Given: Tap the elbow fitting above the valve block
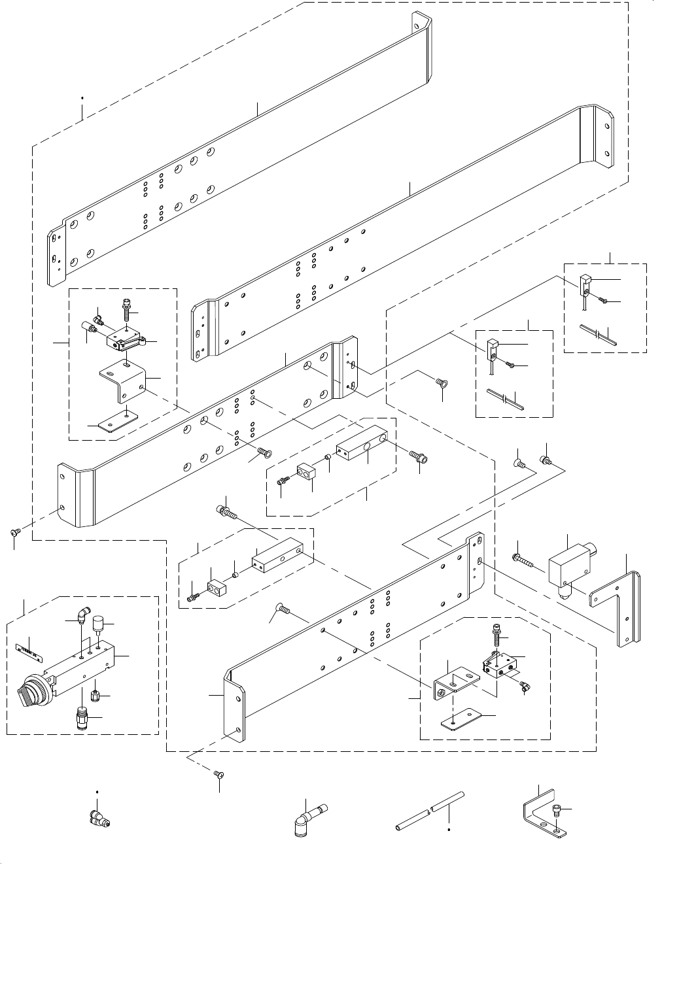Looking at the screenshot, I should click(x=82, y=615).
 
